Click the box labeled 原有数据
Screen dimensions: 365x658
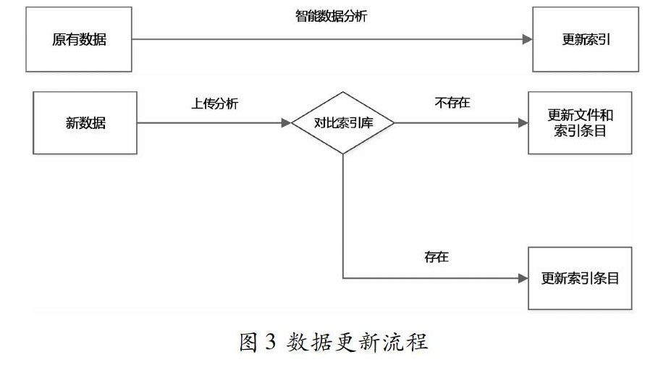coord(79,39)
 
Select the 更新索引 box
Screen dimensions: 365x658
coord(586,39)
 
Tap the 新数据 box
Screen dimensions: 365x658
coord(85,122)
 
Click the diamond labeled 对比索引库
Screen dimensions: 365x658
coord(343,122)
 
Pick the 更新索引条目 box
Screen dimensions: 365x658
coord(581,278)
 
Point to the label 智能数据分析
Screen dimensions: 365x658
coord(332,16)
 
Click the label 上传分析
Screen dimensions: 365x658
coord(214,103)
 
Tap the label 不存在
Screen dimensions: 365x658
coord(452,103)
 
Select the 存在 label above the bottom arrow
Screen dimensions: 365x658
coord(437,258)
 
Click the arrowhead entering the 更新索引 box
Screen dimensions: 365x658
coord(527,40)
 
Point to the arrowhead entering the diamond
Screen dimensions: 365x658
coord(286,123)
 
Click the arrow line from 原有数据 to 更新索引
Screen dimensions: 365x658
coord(326,40)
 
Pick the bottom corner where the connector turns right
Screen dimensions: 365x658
coord(342,278)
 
